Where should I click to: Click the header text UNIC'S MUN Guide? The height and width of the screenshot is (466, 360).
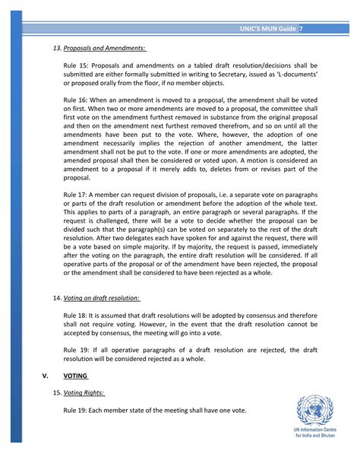[266, 29]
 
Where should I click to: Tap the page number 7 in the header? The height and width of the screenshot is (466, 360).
[302, 29]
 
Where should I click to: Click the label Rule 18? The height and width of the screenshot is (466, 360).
[76, 312]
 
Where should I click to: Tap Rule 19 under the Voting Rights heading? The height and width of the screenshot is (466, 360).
[76, 411]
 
